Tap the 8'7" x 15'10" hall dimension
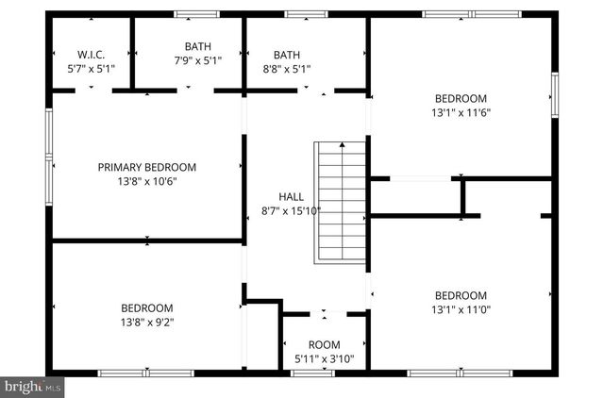tap(291, 211)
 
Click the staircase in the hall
tap(341, 204)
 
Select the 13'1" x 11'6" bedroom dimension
tap(461, 112)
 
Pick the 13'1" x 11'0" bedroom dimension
tap(461, 307)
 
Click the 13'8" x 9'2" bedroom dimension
tap(147, 322)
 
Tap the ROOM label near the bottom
tap(325, 344)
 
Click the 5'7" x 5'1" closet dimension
tap(91, 69)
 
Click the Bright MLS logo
tap(32, 387)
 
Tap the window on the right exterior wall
tap(555, 96)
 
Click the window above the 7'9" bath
tap(197, 14)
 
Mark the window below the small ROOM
tap(312, 373)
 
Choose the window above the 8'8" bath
tap(299, 14)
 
